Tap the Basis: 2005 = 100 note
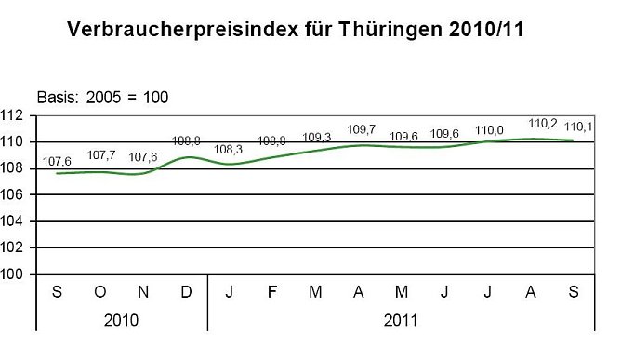pos(102,96)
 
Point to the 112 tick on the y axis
pos(13,116)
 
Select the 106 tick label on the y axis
pos(13,195)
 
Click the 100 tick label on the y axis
pos(13,274)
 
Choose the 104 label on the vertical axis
pos(13,221)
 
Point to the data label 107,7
pos(99,155)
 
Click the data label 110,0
pos(487,129)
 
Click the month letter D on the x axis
pos(186,292)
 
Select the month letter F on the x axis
pos(271,292)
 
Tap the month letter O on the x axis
pos(99,292)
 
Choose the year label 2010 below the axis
pos(122,319)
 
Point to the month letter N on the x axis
pos(143,292)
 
